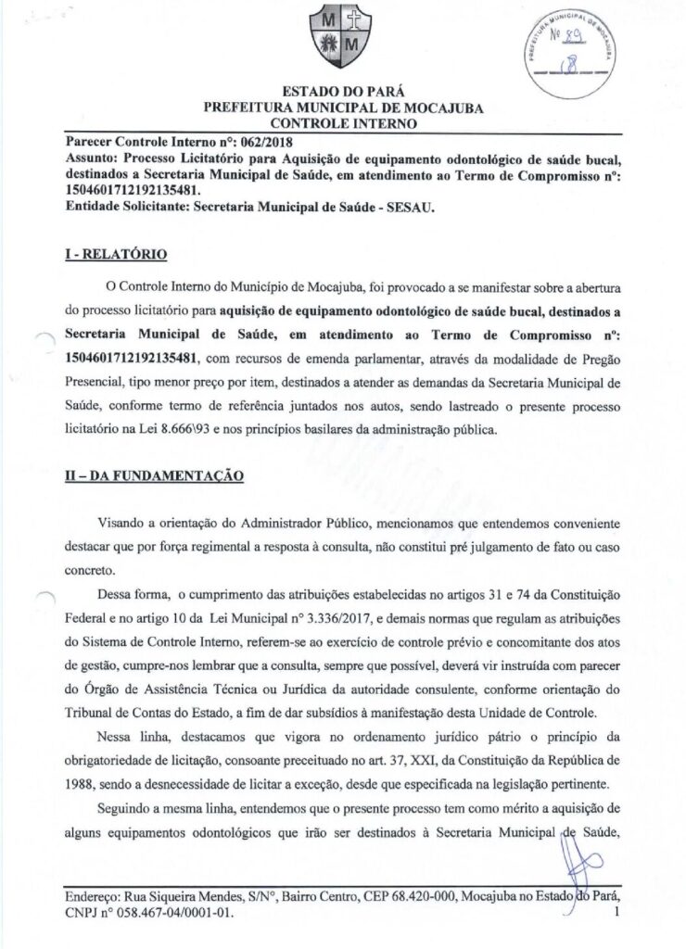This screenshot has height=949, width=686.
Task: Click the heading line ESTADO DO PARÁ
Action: click(343, 93)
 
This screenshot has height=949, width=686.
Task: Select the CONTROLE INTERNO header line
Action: click(343, 122)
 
